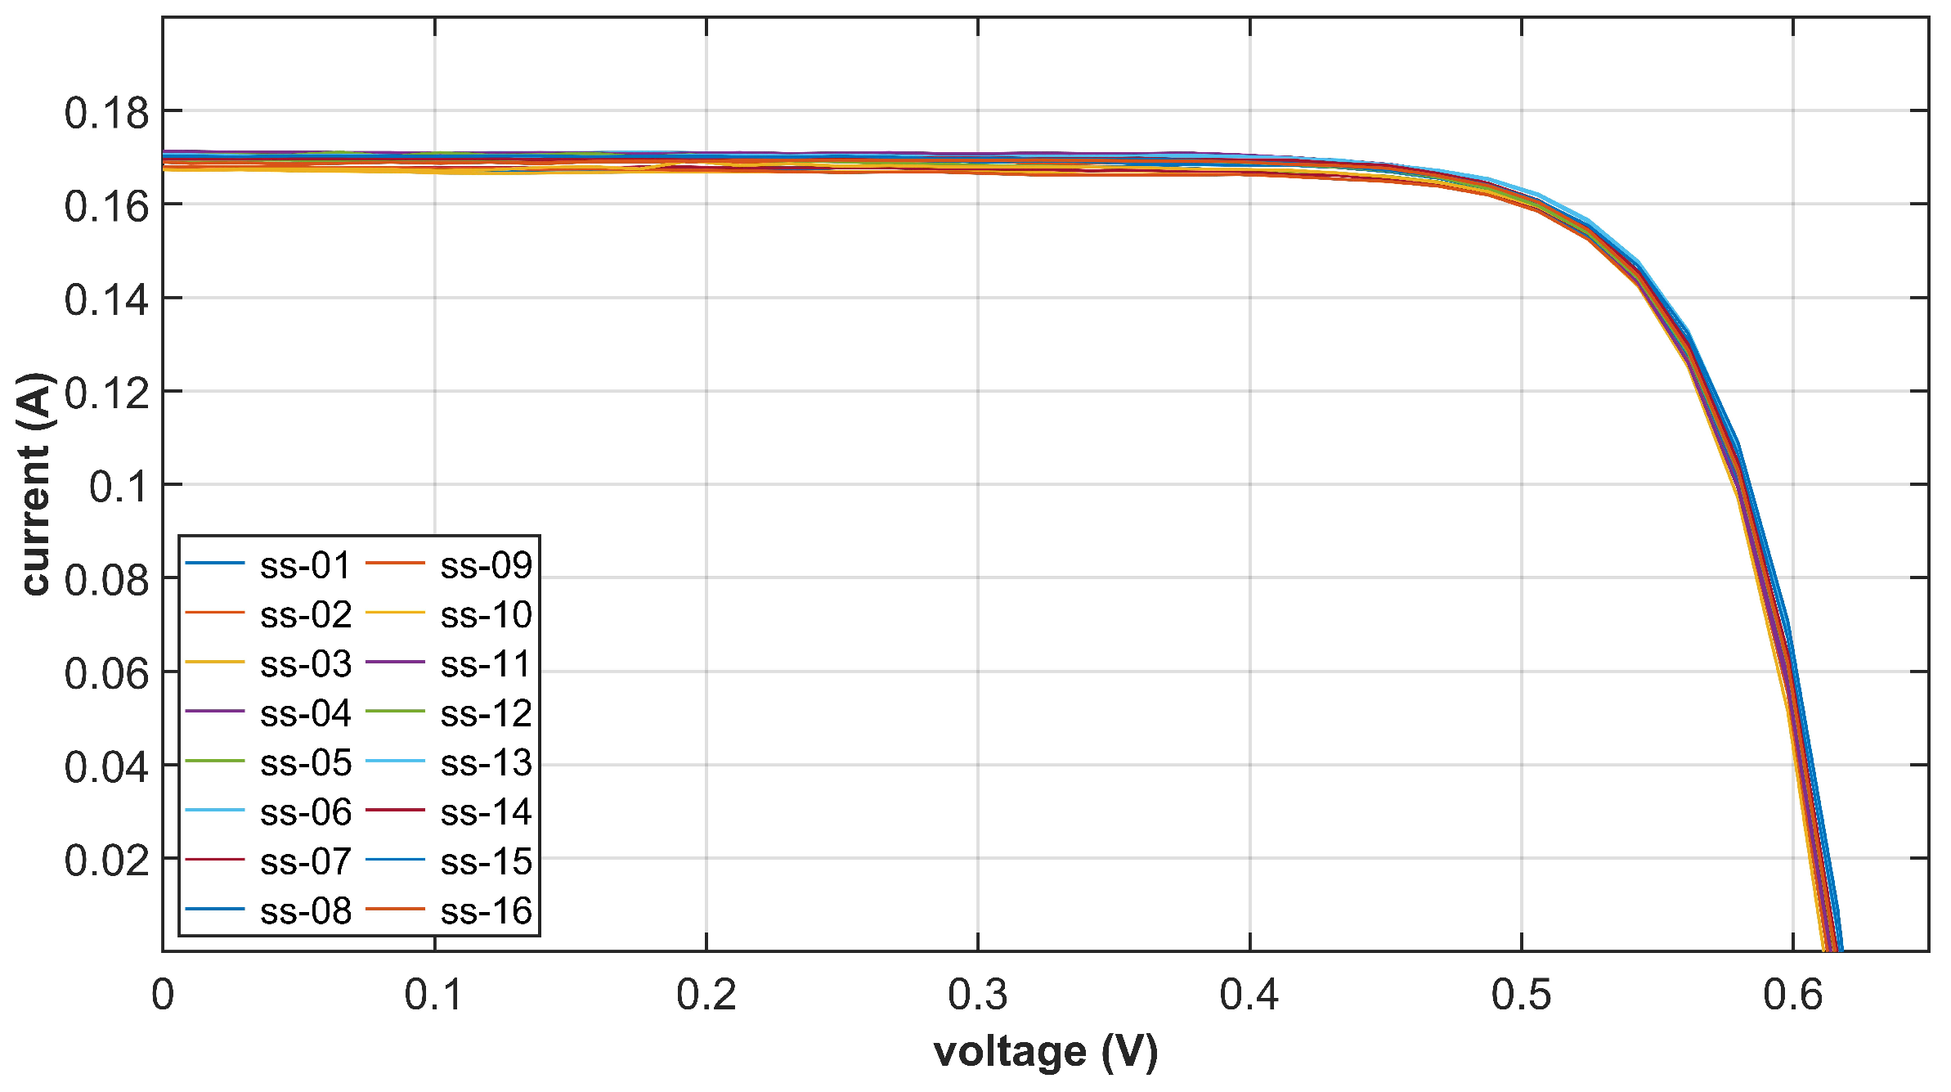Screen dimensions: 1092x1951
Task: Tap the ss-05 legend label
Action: click(x=305, y=763)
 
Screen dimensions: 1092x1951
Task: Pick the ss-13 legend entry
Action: click(x=486, y=763)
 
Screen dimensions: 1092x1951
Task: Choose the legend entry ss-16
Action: click(x=486, y=911)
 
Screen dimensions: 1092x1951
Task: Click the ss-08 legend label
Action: click(x=305, y=911)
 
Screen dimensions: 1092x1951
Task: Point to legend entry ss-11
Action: click(x=486, y=664)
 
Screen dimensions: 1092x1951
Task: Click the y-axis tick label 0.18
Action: click(x=107, y=113)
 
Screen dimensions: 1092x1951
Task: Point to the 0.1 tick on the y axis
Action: click(x=119, y=487)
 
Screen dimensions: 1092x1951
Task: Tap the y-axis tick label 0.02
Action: click(x=107, y=861)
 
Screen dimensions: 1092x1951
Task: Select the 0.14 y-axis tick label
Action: click(x=107, y=299)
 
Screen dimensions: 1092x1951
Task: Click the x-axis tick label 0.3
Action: click(x=978, y=995)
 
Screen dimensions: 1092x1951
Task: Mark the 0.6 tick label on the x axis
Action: click(x=1793, y=995)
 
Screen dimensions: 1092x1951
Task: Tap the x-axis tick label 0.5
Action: click(x=1521, y=995)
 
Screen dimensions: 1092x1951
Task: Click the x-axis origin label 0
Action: click(x=163, y=995)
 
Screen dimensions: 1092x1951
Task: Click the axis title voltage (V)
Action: click(x=1046, y=1052)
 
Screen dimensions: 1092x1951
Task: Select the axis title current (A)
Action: click(x=36, y=484)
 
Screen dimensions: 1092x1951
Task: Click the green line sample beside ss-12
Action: click(x=395, y=712)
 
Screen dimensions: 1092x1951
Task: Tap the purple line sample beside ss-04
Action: click(x=214, y=712)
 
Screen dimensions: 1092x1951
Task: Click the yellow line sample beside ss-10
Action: click(x=395, y=613)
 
